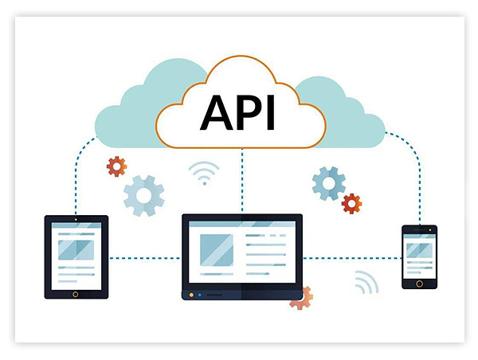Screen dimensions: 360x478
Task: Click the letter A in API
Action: [217, 114]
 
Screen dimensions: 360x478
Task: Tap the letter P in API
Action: [249, 114]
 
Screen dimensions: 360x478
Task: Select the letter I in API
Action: [271, 114]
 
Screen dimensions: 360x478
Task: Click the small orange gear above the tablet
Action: [117, 166]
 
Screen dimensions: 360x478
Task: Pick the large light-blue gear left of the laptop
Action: [144, 194]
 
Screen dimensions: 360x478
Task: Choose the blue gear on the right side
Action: [329, 183]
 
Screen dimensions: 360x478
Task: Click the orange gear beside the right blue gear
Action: [351, 203]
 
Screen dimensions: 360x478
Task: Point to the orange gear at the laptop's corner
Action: [302, 297]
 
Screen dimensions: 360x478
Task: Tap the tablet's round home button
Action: [76, 293]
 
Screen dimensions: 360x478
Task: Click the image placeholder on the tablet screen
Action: [76, 249]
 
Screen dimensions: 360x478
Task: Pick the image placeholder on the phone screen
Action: [419, 250]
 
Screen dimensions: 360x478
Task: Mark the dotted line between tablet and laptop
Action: [145, 257]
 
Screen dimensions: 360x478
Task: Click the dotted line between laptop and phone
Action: [352, 257]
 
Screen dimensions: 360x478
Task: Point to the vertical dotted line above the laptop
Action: [242, 179]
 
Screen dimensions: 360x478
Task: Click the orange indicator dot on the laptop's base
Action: [191, 295]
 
